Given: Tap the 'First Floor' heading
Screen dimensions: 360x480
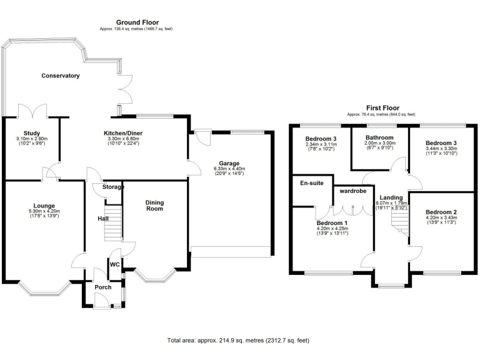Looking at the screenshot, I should tap(382, 108).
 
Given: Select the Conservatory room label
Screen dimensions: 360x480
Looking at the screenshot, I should tap(61, 76).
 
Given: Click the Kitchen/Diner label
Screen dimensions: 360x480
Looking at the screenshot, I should tap(124, 133).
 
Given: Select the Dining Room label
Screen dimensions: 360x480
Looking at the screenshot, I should tap(154, 205).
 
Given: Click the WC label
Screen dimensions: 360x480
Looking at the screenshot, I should tap(114, 264).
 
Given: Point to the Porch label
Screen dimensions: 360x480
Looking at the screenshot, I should tap(103, 287).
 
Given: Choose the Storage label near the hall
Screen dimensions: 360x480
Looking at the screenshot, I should tap(112, 187).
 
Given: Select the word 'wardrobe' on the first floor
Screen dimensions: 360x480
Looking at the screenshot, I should tap(352, 192).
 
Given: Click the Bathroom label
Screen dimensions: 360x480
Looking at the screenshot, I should tap(379, 137).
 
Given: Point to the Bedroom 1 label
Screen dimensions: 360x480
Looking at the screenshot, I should tap(332, 222).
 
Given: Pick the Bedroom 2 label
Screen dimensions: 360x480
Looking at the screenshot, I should tap(442, 212).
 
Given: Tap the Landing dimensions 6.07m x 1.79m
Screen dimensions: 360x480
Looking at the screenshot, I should tap(392, 203).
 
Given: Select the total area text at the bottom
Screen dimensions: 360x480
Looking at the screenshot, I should tap(238, 340).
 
